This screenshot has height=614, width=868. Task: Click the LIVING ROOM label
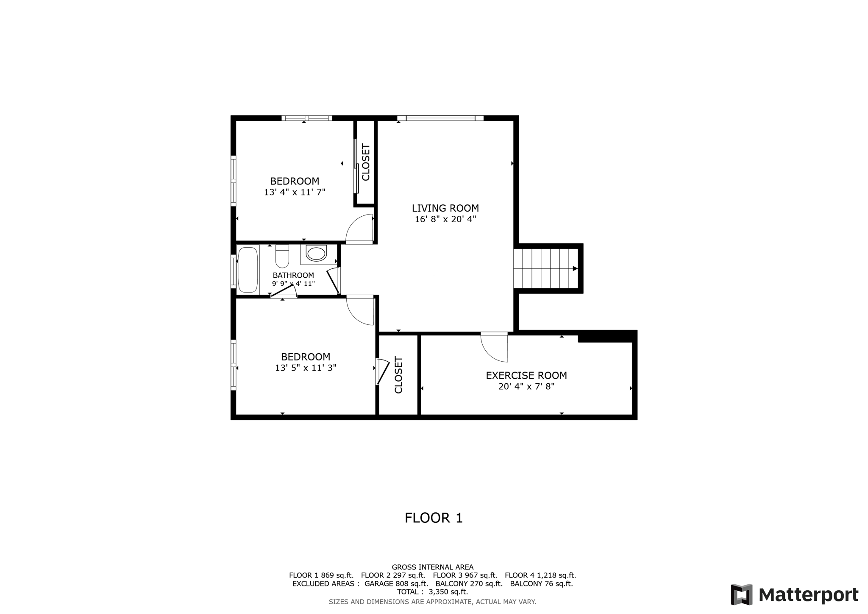click(x=445, y=208)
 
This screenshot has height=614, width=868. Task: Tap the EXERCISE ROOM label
click(x=526, y=375)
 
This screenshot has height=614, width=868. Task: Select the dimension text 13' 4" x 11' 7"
click(x=295, y=192)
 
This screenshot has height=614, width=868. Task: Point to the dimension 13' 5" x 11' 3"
click(x=305, y=368)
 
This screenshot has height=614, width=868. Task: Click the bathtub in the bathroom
click(x=248, y=270)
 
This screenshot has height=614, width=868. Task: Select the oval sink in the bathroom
click(x=317, y=254)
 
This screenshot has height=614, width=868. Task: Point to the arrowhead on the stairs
click(x=575, y=268)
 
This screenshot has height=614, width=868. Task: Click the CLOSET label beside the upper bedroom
click(x=366, y=162)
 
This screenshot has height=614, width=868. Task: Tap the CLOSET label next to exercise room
click(x=398, y=375)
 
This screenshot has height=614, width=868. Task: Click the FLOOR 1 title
click(x=434, y=518)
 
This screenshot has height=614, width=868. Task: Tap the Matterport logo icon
click(x=741, y=594)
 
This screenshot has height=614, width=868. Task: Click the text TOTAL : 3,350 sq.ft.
click(x=432, y=592)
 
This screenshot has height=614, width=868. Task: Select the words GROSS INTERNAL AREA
click(x=432, y=567)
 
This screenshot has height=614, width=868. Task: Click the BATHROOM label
click(x=293, y=275)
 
